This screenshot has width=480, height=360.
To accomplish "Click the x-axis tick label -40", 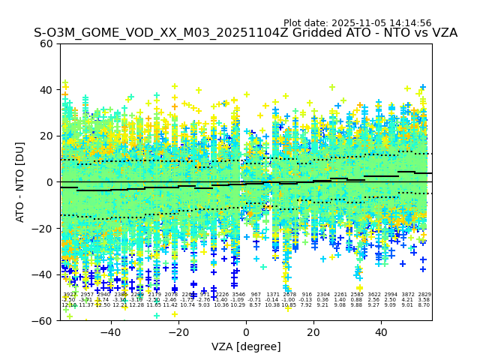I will (110, 332).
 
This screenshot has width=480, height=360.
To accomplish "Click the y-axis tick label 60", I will (46, 43).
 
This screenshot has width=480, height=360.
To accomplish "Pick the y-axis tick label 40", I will (46, 90).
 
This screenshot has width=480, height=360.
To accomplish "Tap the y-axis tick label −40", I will (43, 274).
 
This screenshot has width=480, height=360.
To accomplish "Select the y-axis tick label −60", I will (43, 321).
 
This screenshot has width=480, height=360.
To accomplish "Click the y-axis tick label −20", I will (43, 229).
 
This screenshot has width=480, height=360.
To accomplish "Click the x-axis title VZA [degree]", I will (246, 346).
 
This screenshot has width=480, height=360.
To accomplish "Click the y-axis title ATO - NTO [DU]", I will (21, 182).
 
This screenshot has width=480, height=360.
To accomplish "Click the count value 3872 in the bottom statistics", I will (408, 295).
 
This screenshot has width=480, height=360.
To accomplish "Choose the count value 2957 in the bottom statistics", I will (86, 295).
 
